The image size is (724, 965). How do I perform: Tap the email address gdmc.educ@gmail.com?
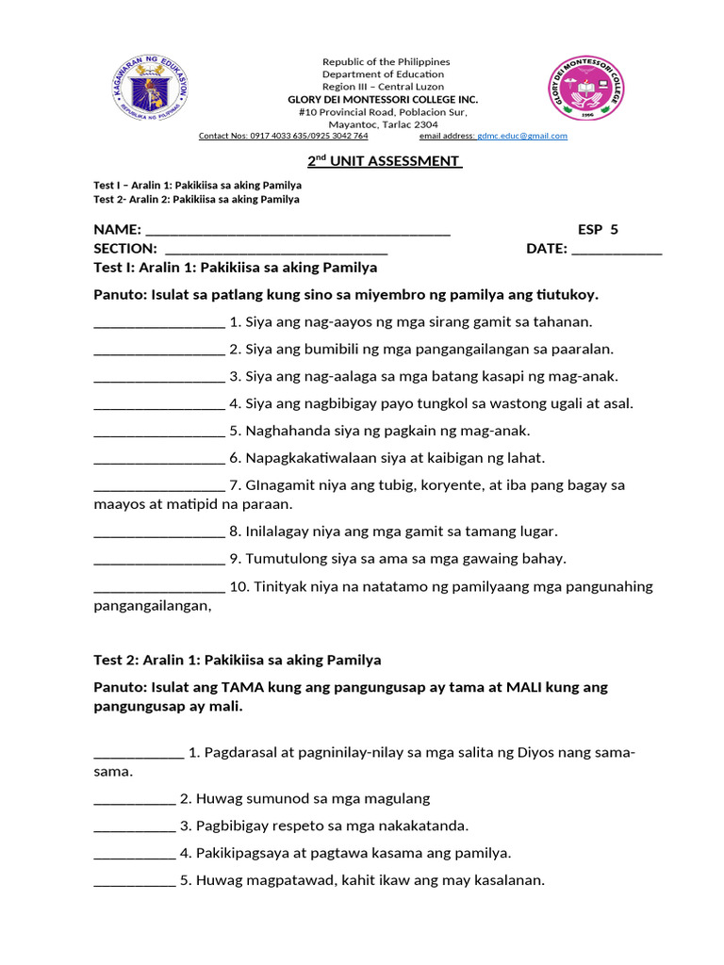pos(522,136)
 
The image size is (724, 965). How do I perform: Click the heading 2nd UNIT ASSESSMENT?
pos(385,161)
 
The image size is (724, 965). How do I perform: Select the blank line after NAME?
pos(298,230)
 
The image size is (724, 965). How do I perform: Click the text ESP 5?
pos(598,229)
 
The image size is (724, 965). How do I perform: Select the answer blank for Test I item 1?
pos(158,322)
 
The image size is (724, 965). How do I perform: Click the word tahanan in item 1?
pos(562,322)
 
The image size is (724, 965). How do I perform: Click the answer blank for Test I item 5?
pos(158,432)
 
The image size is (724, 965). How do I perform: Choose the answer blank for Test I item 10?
pos(158,587)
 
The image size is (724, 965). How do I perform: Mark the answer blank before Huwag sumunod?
pos(134,799)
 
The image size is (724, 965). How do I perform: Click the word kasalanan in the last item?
pos(509,881)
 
